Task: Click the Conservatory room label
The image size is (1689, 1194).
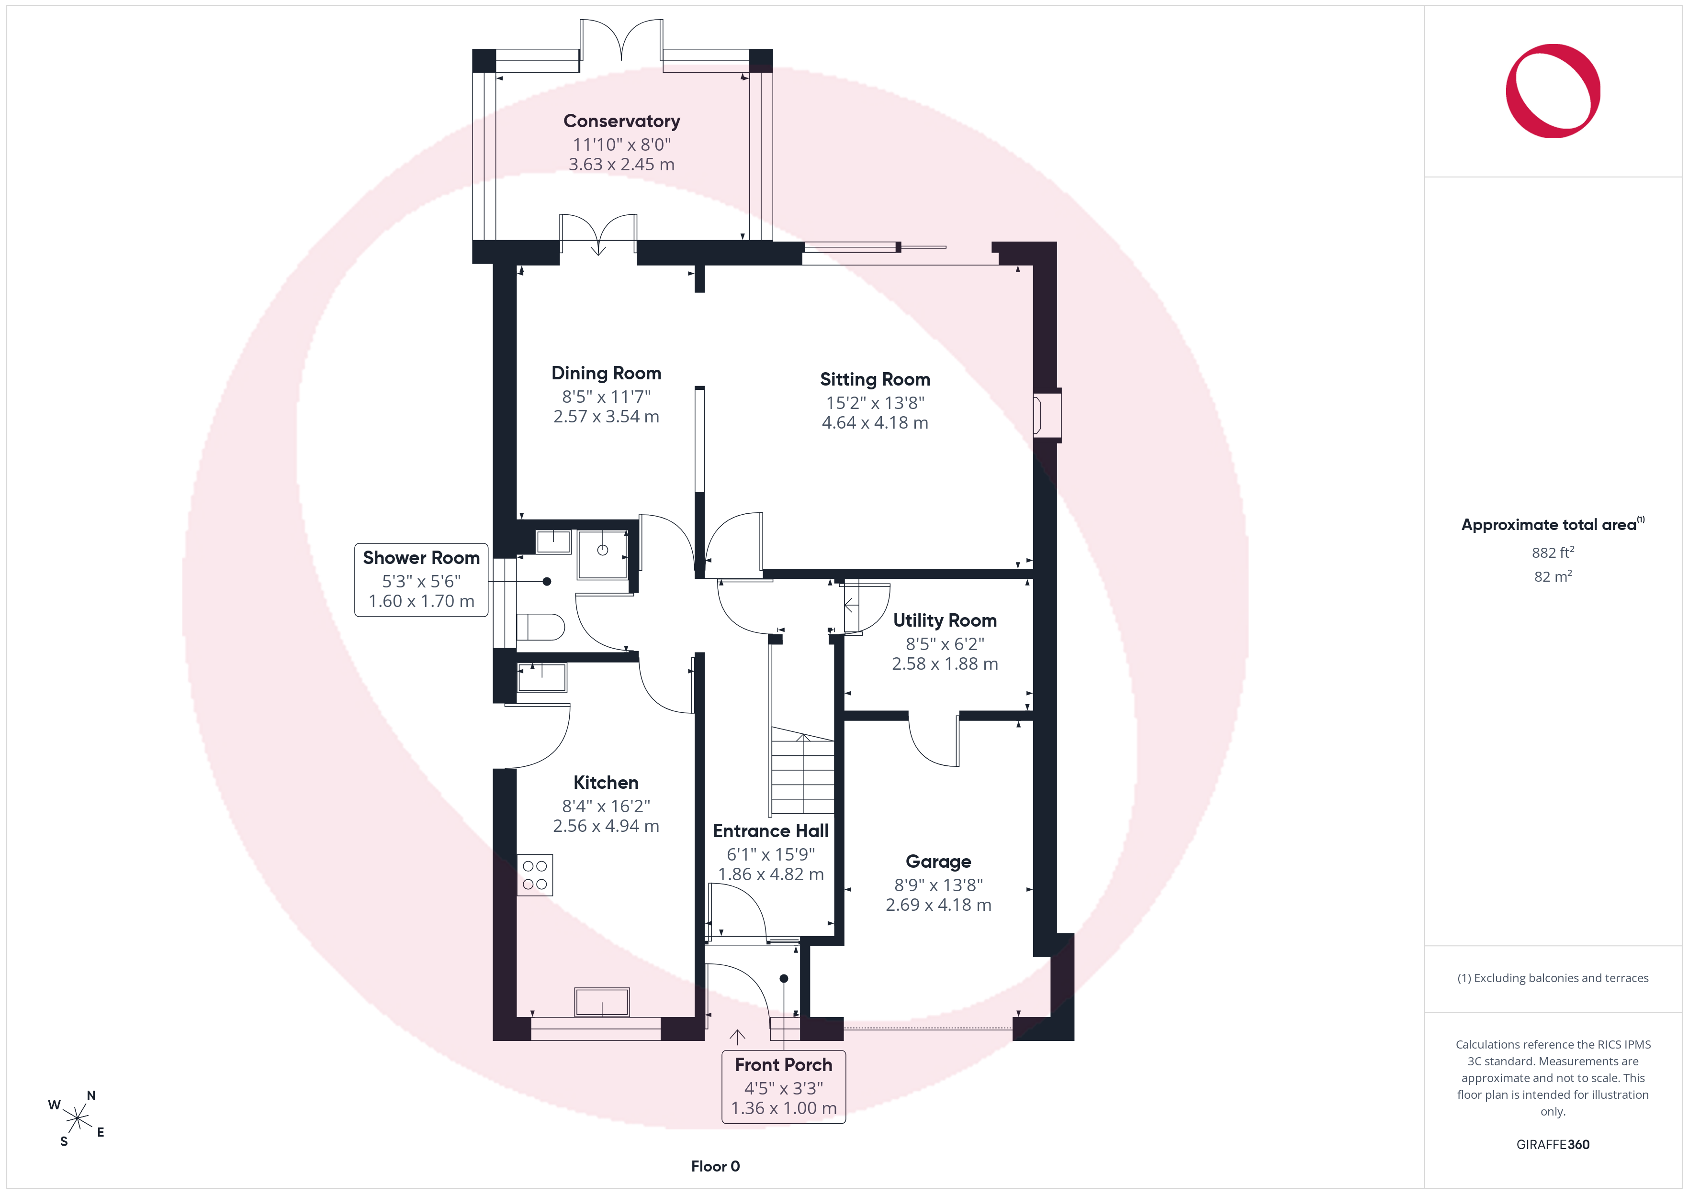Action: click(x=621, y=122)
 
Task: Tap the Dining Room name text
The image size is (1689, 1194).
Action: click(x=606, y=374)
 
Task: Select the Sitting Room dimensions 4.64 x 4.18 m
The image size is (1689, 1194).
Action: click(x=875, y=423)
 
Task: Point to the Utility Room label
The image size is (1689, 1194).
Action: click(x=945, y=620)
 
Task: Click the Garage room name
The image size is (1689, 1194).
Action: click(x=938, y=862)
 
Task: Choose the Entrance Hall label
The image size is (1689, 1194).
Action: click(x=770, y=831)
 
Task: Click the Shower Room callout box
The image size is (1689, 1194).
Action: click(x=421, y=579)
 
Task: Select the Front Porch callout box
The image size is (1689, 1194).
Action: click(x=783, y=1087)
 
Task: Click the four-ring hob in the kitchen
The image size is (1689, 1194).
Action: click(x=535, y=875)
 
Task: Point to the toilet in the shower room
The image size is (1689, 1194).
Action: click(x=540, y=627)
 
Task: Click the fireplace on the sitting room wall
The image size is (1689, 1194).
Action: click(x=1047, y=415)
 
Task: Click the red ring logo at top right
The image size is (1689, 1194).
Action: click(x=1553, y=91)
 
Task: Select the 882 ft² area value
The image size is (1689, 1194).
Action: click(x=1553, y=552)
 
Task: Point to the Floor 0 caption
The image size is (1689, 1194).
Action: click(x=715, y=1166)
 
